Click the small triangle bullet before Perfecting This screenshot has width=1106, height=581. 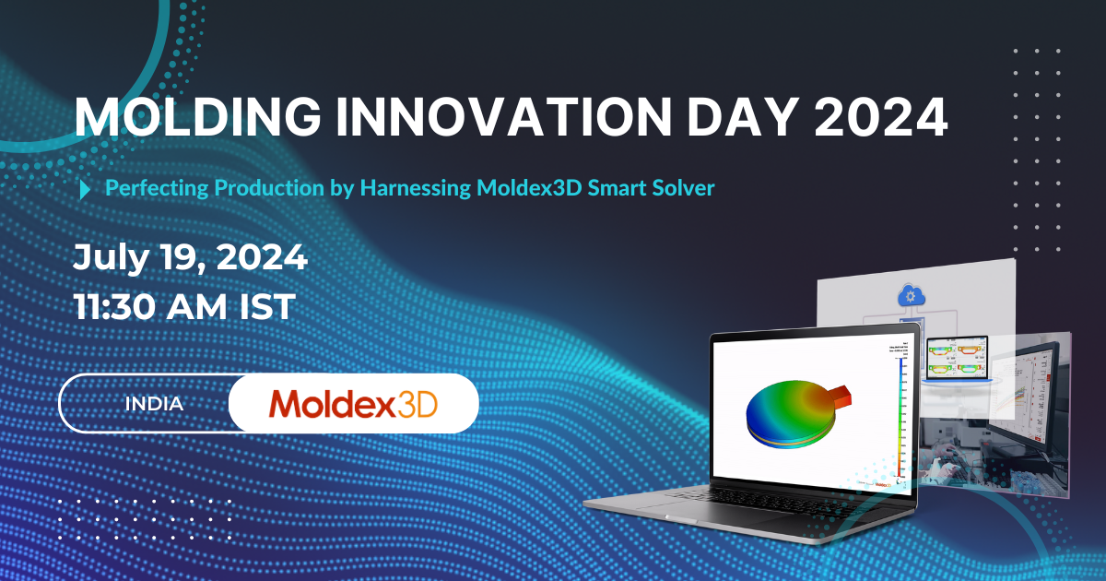(86, 189)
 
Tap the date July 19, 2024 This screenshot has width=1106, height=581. (190, 258)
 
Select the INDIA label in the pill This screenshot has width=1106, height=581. (153, 404)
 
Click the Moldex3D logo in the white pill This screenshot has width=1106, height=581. (353, 404)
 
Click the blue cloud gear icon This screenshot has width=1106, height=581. (910, 297)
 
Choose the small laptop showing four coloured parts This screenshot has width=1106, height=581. (959, 361)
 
